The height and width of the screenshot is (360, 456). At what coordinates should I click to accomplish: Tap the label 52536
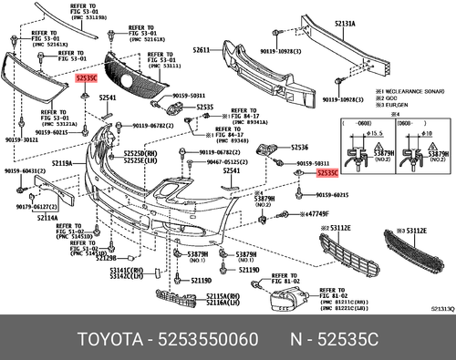pyautogui.click(x=301, y=147)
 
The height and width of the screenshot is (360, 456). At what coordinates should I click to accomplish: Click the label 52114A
pyautogui.click(x=47, y=218)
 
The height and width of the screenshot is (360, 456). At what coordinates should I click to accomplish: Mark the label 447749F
pyautogui.click(x=316, y=212)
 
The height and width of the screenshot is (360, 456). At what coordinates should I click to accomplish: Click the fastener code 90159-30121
pyautogui.click(x=18, y=140)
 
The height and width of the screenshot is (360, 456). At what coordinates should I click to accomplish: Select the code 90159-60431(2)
pyautogui.click(x=22, y=171)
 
